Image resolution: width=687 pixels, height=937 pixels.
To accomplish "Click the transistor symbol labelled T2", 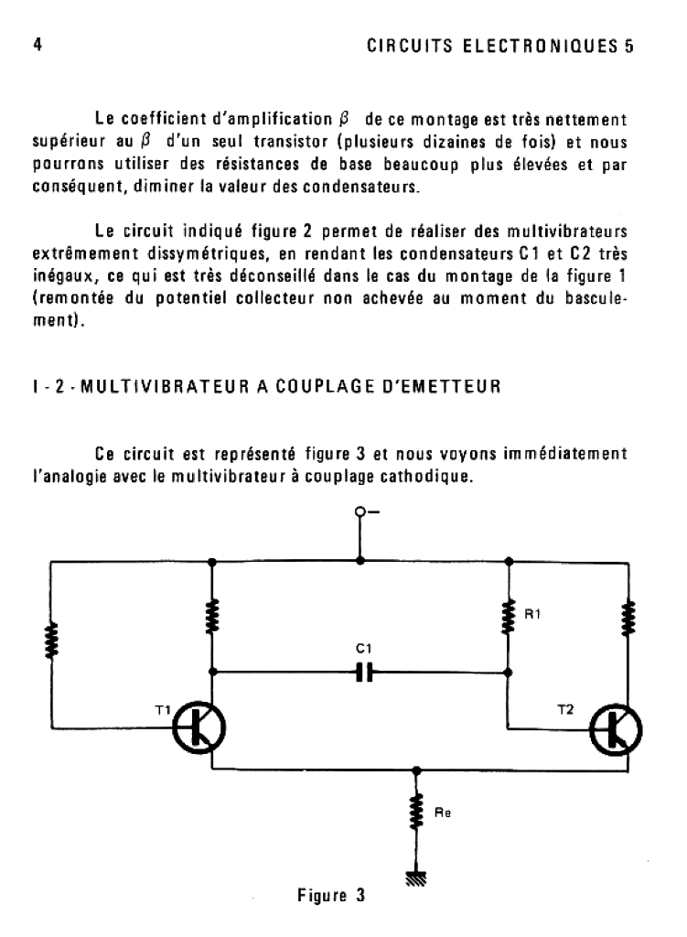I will [x=615, y=728].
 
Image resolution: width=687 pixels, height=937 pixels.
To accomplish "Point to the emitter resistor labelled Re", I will [x=417, y=811].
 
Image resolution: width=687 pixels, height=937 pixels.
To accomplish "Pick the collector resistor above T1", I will [x=212, y=615].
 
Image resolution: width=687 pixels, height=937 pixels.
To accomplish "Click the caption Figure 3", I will [x=330, y=895].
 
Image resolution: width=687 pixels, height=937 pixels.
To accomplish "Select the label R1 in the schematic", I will [x=531, y=615].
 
